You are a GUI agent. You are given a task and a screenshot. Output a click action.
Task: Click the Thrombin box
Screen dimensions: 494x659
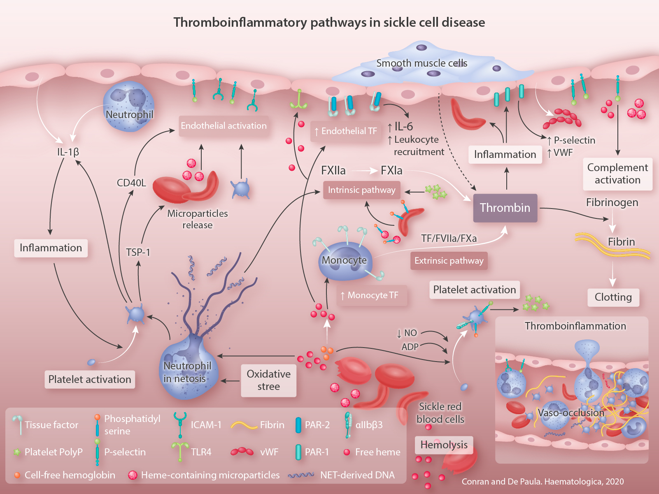pos(505,208)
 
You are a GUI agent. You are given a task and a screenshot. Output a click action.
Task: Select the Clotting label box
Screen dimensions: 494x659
pos(613,297)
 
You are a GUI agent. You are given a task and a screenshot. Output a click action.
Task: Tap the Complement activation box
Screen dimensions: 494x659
pos(617,174)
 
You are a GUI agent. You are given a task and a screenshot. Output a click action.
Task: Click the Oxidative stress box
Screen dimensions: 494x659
pos(268,380)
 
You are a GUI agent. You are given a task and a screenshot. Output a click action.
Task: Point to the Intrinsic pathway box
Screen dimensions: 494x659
pos(361,190)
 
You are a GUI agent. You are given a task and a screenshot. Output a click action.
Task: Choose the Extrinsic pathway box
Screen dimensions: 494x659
pos(449,261)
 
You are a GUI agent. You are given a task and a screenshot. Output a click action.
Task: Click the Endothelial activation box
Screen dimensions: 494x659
pos(224,126)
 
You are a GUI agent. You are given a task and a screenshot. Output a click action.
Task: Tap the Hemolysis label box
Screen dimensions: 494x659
pos(444,445)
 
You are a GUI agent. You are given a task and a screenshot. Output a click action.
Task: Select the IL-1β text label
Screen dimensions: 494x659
pos(68,152)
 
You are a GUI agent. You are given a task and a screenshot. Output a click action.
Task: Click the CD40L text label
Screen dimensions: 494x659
pos(131,183)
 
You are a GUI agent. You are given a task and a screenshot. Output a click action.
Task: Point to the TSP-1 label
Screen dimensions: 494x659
pos(138,252)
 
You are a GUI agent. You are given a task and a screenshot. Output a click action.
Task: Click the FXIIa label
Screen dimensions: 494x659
pos(333,170)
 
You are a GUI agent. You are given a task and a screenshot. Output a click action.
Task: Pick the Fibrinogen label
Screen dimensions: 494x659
pos(612,202)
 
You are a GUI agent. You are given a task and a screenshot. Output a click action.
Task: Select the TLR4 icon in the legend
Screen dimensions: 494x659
pos(180,451)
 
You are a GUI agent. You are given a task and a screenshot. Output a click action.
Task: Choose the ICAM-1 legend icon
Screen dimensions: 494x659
pos(180,424)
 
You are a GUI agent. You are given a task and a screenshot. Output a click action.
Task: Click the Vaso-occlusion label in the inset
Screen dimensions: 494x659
pos(571,413)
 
